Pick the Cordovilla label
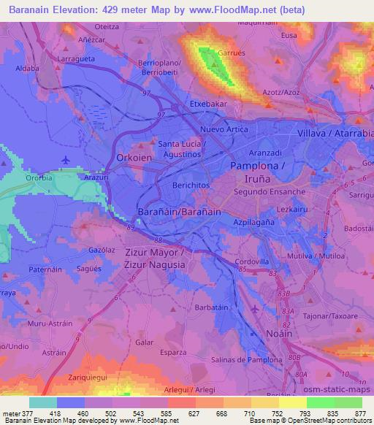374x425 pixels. coord(252,261)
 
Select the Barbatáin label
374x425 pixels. coord(214,307)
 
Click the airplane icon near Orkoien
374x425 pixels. coord(66,160)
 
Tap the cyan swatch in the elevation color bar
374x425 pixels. coord(42,402)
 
